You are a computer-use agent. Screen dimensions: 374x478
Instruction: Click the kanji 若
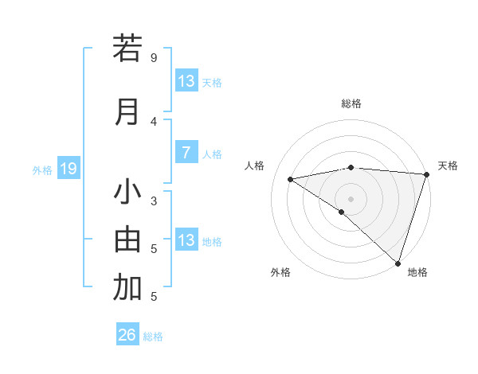127,49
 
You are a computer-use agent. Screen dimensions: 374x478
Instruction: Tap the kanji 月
127,111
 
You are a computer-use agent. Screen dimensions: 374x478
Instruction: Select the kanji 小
127,193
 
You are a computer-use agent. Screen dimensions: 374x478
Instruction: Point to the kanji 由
127,240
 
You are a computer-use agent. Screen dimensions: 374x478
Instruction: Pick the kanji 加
127,289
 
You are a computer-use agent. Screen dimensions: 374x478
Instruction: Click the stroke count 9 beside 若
154,57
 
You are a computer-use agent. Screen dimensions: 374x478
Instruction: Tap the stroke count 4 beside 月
154,121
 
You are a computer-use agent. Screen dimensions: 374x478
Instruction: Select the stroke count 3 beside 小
154,201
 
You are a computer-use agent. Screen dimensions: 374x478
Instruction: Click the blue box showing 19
69,169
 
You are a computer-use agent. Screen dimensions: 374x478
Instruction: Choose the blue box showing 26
127,335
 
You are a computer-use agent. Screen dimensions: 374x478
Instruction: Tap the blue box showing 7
186,153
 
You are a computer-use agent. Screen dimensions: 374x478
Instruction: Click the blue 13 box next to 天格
186,81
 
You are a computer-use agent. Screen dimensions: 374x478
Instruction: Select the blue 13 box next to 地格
186,240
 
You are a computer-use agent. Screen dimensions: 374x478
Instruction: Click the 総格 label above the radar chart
351,103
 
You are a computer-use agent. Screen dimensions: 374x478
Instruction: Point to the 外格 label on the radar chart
280,272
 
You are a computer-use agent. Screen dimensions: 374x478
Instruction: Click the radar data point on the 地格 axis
398,263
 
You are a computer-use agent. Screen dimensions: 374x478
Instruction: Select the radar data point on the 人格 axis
290,179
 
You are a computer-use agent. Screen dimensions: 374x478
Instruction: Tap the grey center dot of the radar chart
351,198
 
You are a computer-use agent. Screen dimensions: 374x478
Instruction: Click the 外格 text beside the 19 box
41,169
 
